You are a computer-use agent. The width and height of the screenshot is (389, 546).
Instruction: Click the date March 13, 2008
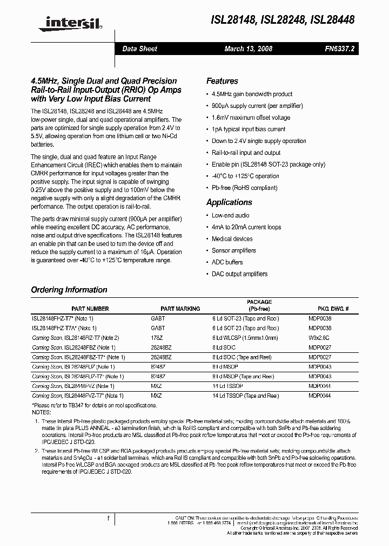(x=248, y=49)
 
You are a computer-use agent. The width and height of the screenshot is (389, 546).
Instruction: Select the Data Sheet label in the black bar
(x=139, y=49)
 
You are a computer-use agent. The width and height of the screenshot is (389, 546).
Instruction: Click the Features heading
(x=222, y=81)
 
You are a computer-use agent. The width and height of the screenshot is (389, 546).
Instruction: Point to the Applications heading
(x=229, y=202)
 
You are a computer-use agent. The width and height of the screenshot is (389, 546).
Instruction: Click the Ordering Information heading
(x=69, y=290)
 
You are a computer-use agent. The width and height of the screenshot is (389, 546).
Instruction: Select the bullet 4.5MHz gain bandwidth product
(x=252, y=94)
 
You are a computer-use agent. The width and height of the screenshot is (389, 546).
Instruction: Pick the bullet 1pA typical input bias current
(x=249, y=129)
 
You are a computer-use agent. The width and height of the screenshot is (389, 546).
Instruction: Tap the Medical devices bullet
(x=232, y=238)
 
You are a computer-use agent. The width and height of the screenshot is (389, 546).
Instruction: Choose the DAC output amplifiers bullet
(x=239, y=274)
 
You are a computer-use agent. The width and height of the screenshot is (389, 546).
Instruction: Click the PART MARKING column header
(x=180, y=309)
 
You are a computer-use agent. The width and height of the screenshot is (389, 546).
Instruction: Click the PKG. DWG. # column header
(x=333, y=309)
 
